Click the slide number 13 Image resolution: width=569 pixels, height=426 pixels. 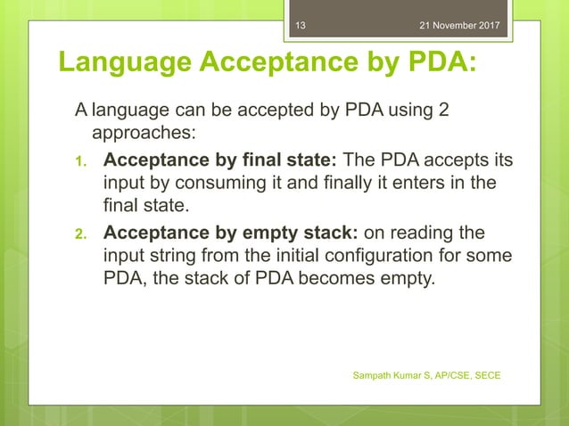click(301, 25)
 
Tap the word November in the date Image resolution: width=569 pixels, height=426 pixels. click(460, 25)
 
